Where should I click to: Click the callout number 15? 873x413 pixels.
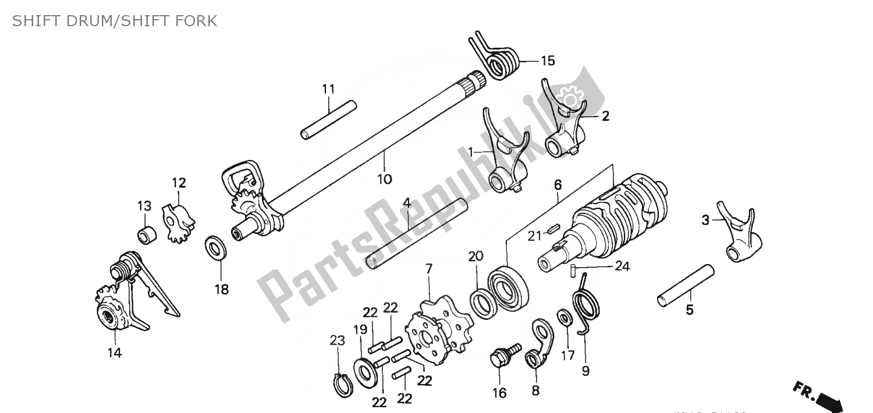(x=548, y=60)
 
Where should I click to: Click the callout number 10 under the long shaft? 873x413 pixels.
(x=384, y=179)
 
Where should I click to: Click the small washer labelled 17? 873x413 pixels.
(x=563, y=318)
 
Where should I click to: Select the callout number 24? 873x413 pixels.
(x=622, y=267)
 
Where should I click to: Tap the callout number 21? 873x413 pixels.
(x=534, y=236)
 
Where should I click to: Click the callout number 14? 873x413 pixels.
(x=114, y=353)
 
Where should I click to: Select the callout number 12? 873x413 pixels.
(x=179, y=183)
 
